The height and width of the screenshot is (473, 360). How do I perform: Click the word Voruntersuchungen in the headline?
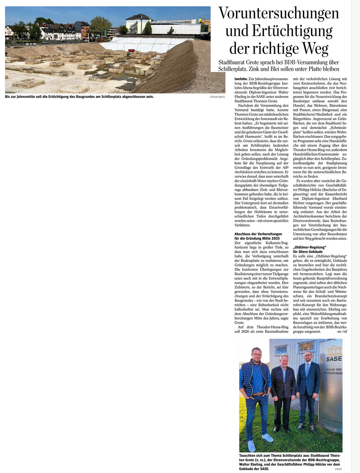[279, 14]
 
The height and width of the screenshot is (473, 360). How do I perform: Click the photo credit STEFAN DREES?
[217, 97]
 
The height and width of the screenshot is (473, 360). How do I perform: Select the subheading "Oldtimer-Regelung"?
[309, 247]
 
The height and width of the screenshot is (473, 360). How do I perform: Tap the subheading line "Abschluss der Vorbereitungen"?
[258, 234]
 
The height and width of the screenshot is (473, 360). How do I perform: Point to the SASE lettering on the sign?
[334, 359]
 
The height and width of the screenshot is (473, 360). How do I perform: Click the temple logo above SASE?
[333, 350]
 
